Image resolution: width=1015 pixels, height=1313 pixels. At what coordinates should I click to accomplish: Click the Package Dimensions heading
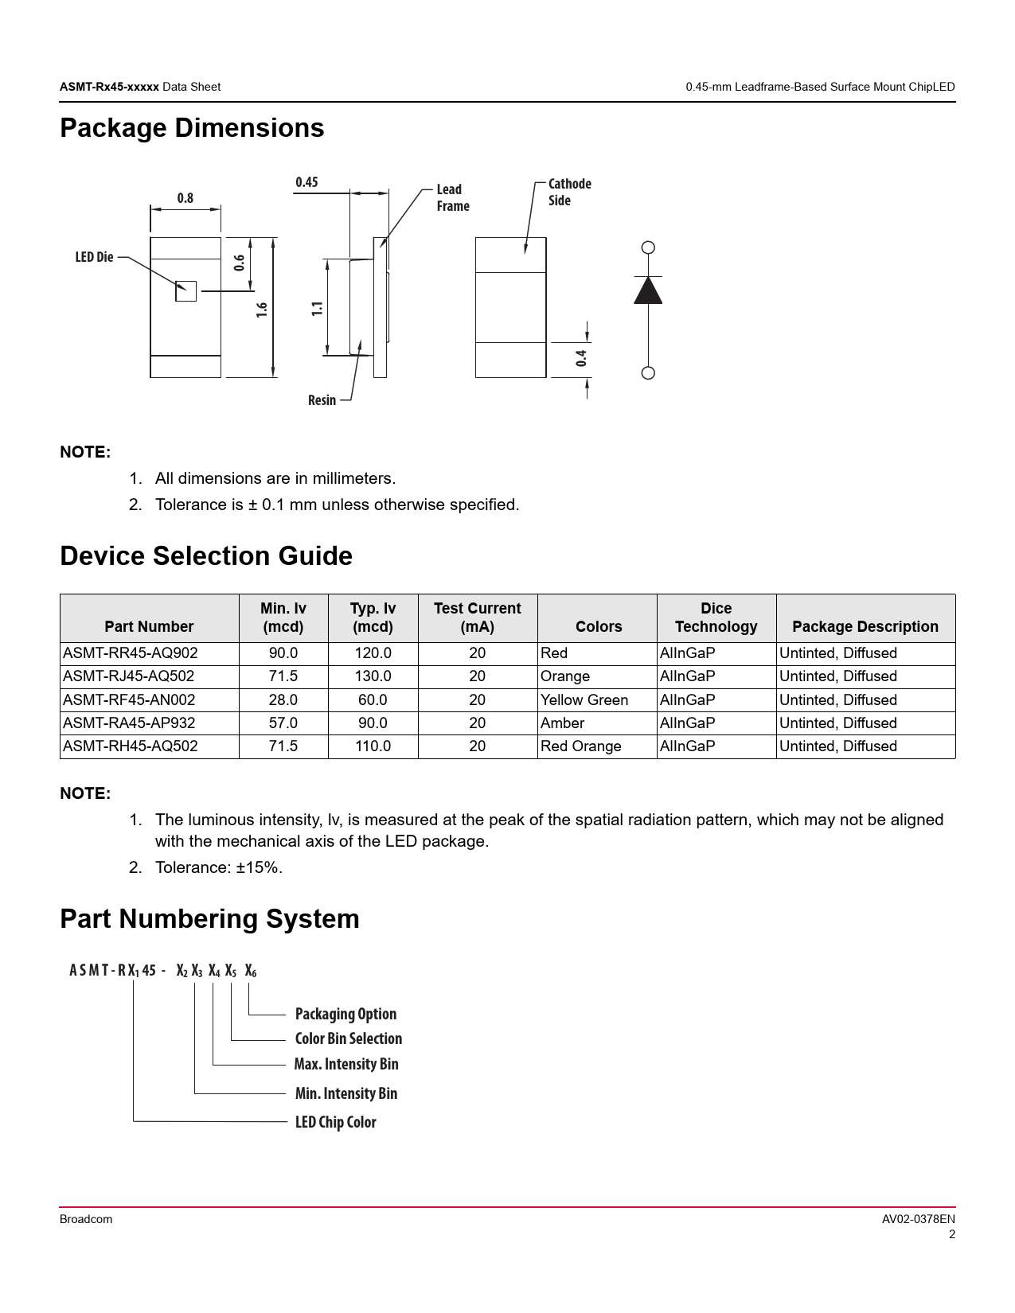192,128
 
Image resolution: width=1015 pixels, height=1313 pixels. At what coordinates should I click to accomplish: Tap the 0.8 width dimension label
185,198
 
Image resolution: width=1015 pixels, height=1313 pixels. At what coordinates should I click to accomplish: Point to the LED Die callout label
94,257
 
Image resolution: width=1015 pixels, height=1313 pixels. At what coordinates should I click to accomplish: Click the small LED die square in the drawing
185,291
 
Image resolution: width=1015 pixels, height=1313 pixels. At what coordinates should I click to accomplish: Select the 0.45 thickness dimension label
306,182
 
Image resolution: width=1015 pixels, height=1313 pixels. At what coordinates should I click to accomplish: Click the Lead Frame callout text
452,197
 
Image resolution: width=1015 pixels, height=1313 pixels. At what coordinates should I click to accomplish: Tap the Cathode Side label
569,192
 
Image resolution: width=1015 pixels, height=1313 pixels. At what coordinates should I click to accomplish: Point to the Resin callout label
322,400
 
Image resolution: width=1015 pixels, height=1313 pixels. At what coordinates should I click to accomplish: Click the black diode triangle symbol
648,290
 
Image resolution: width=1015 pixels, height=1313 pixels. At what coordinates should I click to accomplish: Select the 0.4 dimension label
582,358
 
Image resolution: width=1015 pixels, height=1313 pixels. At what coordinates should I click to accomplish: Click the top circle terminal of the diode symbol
648,247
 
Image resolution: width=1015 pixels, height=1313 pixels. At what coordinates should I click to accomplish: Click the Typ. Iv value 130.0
373,676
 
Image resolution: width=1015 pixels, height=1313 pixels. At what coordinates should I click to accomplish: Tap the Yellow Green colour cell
584,700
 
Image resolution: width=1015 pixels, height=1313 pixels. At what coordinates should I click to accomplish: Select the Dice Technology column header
716,618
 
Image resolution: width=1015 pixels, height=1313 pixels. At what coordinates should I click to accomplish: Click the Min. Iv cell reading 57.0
283,723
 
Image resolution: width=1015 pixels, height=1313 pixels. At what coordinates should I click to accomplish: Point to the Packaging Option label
345,1014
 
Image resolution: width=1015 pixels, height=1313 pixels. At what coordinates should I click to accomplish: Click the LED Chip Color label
335,1122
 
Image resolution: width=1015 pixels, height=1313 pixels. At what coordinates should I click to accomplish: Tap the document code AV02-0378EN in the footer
918,1219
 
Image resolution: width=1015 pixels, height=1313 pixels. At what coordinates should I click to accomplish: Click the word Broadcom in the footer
86,1219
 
